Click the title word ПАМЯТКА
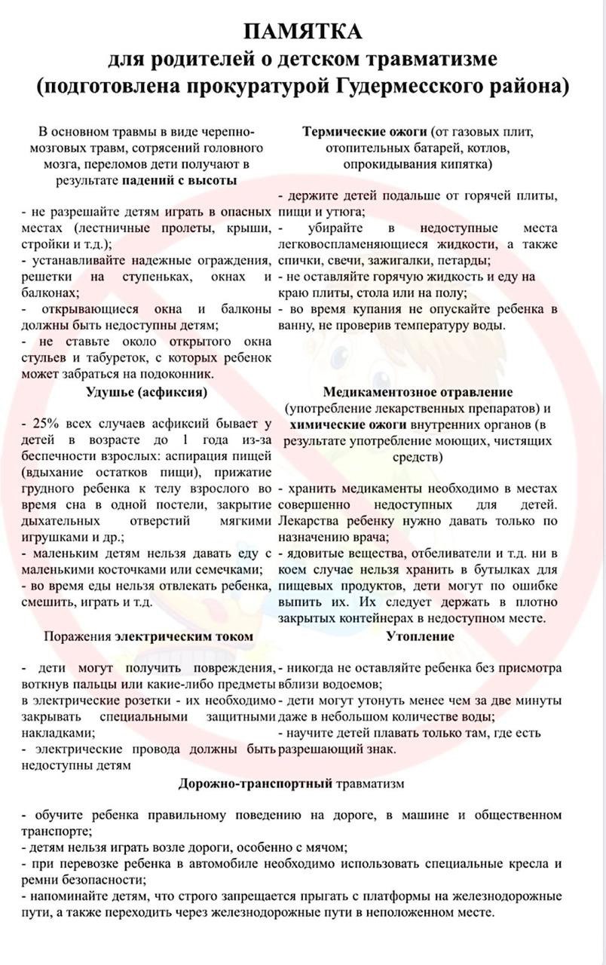[303, 32]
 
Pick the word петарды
[464, 260]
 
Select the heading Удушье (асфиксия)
[147, 392]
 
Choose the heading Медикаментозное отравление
[418, 392]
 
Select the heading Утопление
[420, 636]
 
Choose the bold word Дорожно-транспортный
[256, 783]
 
